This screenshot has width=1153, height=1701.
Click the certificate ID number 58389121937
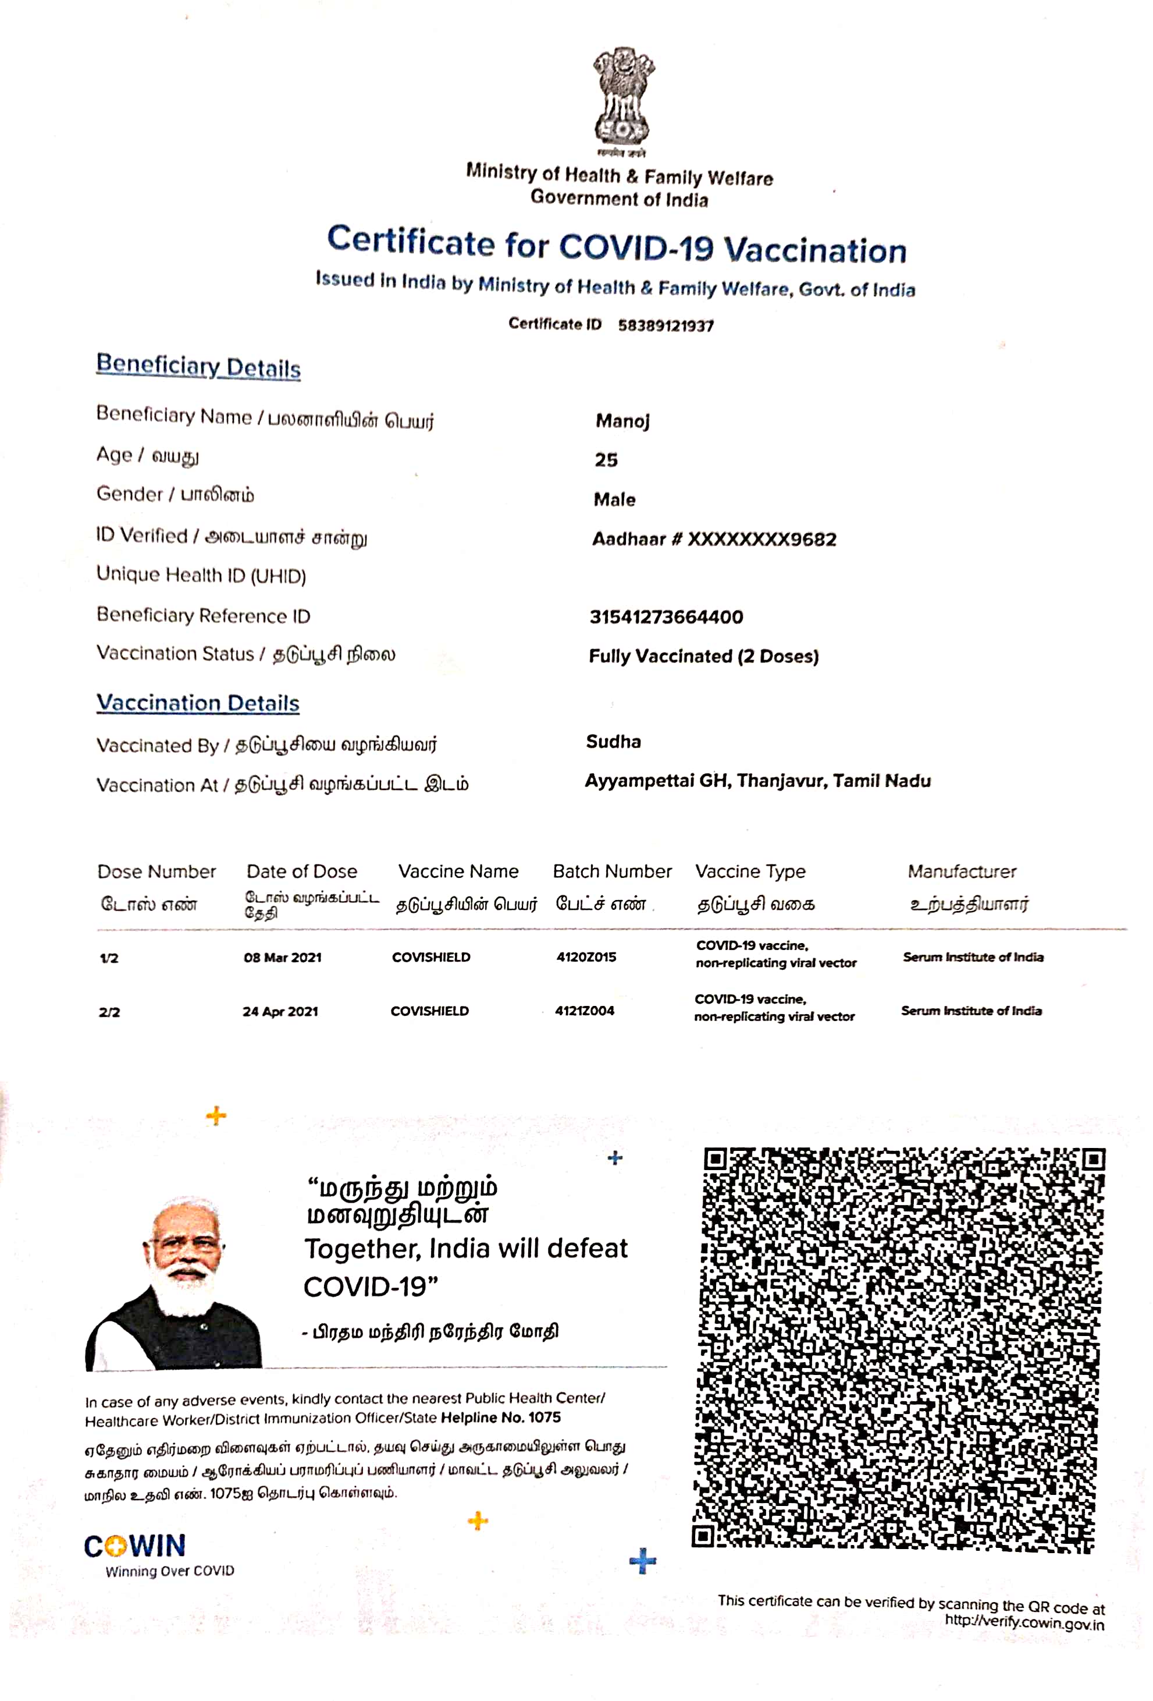click(x=665, y=326)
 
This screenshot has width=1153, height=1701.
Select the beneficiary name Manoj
click(x=622, y=421)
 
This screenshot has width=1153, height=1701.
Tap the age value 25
click(x=606, y=460)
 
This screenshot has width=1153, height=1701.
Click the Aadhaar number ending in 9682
click(x=714, y=540)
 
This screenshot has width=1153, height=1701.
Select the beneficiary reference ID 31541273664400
click(x=666, y=617)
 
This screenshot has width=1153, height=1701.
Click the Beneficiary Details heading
click(x=198, y=366)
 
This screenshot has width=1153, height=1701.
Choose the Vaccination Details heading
click(x=198, y=703)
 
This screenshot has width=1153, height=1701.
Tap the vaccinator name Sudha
click(x=613, y=742)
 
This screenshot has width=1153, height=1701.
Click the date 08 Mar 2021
click(x=282, y=958)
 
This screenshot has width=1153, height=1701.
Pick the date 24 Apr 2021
click(x=280, y=1012)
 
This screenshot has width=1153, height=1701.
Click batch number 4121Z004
click(x=585, y=1011)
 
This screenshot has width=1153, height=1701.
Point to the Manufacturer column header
click(x=962, y=871)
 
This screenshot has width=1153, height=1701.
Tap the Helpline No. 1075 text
click(x=500, y=1417)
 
